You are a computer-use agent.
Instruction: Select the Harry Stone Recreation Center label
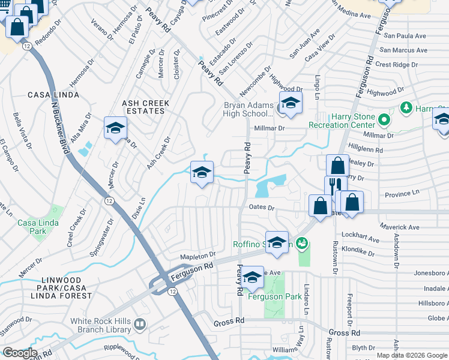tap(341, 121)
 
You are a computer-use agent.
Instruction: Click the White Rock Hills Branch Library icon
tap(140, 325)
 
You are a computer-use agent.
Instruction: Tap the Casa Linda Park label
tap(32, 227)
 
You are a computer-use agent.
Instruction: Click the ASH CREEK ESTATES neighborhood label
tap(145, 107)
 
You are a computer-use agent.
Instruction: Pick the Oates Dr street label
tap(262, 208)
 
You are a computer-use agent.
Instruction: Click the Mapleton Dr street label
tap(198, 256)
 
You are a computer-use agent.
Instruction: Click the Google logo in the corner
tap(20, 352)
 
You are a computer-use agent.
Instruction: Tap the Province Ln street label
tap(402, 194)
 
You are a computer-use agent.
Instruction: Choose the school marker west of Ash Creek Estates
tap(115, 128)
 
